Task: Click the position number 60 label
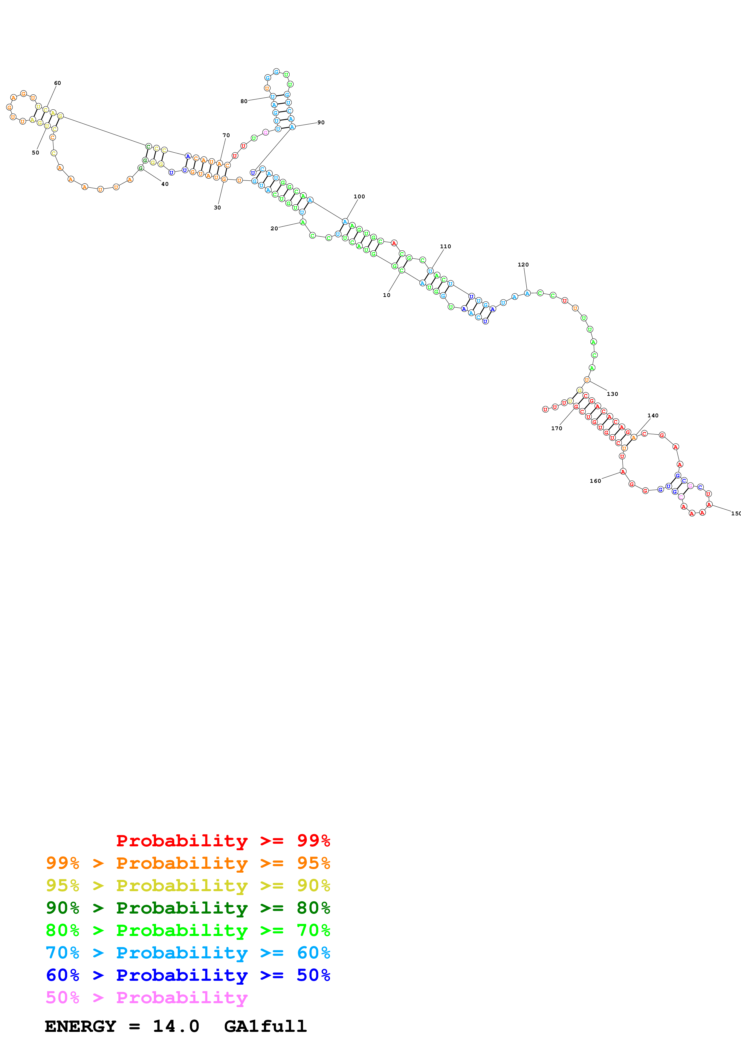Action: coord(57,83)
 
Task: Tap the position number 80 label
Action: coord(244,101)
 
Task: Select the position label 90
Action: coord(321,122)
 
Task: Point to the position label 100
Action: coord(359,197)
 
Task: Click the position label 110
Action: coord(446,246)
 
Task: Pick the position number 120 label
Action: coord(523,265)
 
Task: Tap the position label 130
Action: coord(612,394)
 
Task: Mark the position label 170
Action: coord(557,428)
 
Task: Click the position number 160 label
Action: coord(595,481)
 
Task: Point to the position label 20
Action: coord(274,228)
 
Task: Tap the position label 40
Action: coord(165,184)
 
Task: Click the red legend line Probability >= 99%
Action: coord(223,841)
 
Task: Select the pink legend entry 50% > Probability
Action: coord(146,998)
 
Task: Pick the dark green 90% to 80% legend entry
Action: coord(188,908)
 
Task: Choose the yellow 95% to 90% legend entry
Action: coord(188,885)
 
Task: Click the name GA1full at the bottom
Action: coord(265,1026)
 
